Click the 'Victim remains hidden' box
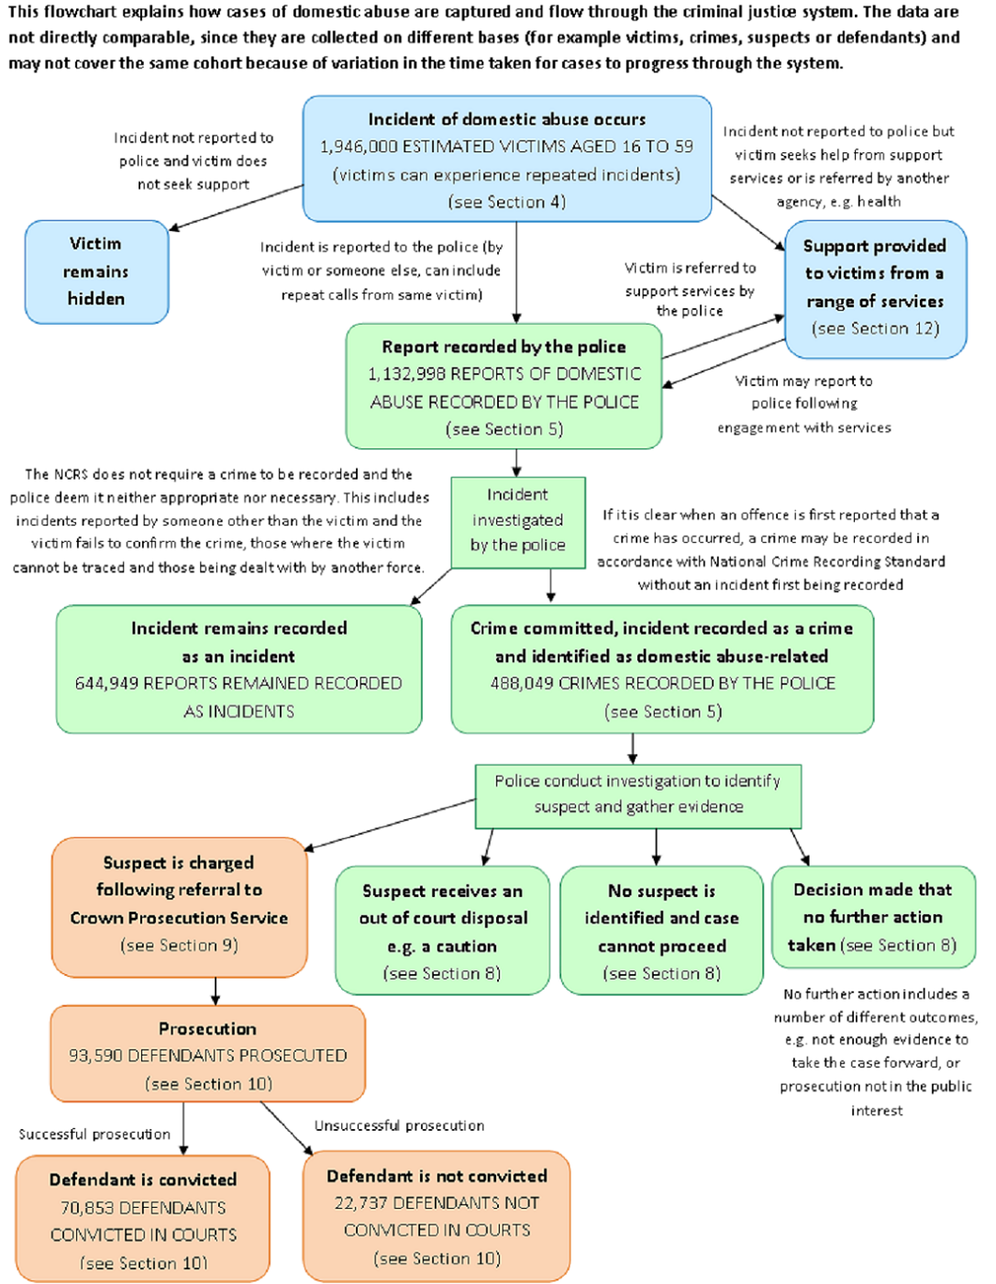point(96,271)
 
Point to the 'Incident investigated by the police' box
point(517,520)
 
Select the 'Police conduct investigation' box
point(637,794)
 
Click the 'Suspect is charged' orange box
point(179,904)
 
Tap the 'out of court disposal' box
point(442,931)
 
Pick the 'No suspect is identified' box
point(661,931)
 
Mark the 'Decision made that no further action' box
point(873,916)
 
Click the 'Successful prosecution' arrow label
point(94,1135)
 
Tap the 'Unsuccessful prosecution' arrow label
point(399,1125)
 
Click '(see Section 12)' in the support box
point(875,328)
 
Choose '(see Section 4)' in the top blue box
point(506,202)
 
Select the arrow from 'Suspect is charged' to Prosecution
point(216,991)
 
